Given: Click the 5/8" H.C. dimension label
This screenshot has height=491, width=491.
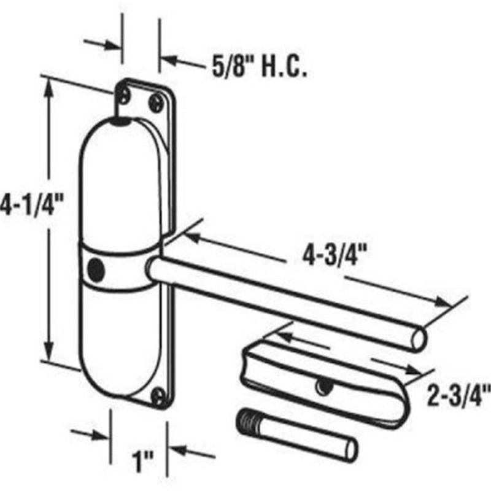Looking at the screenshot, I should [258, 67].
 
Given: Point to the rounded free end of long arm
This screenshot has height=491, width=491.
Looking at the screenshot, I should [419, 338].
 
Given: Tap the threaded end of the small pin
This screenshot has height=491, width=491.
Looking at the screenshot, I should [247, 423].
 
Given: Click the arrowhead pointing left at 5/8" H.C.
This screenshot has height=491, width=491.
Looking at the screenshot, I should [169, 61].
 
